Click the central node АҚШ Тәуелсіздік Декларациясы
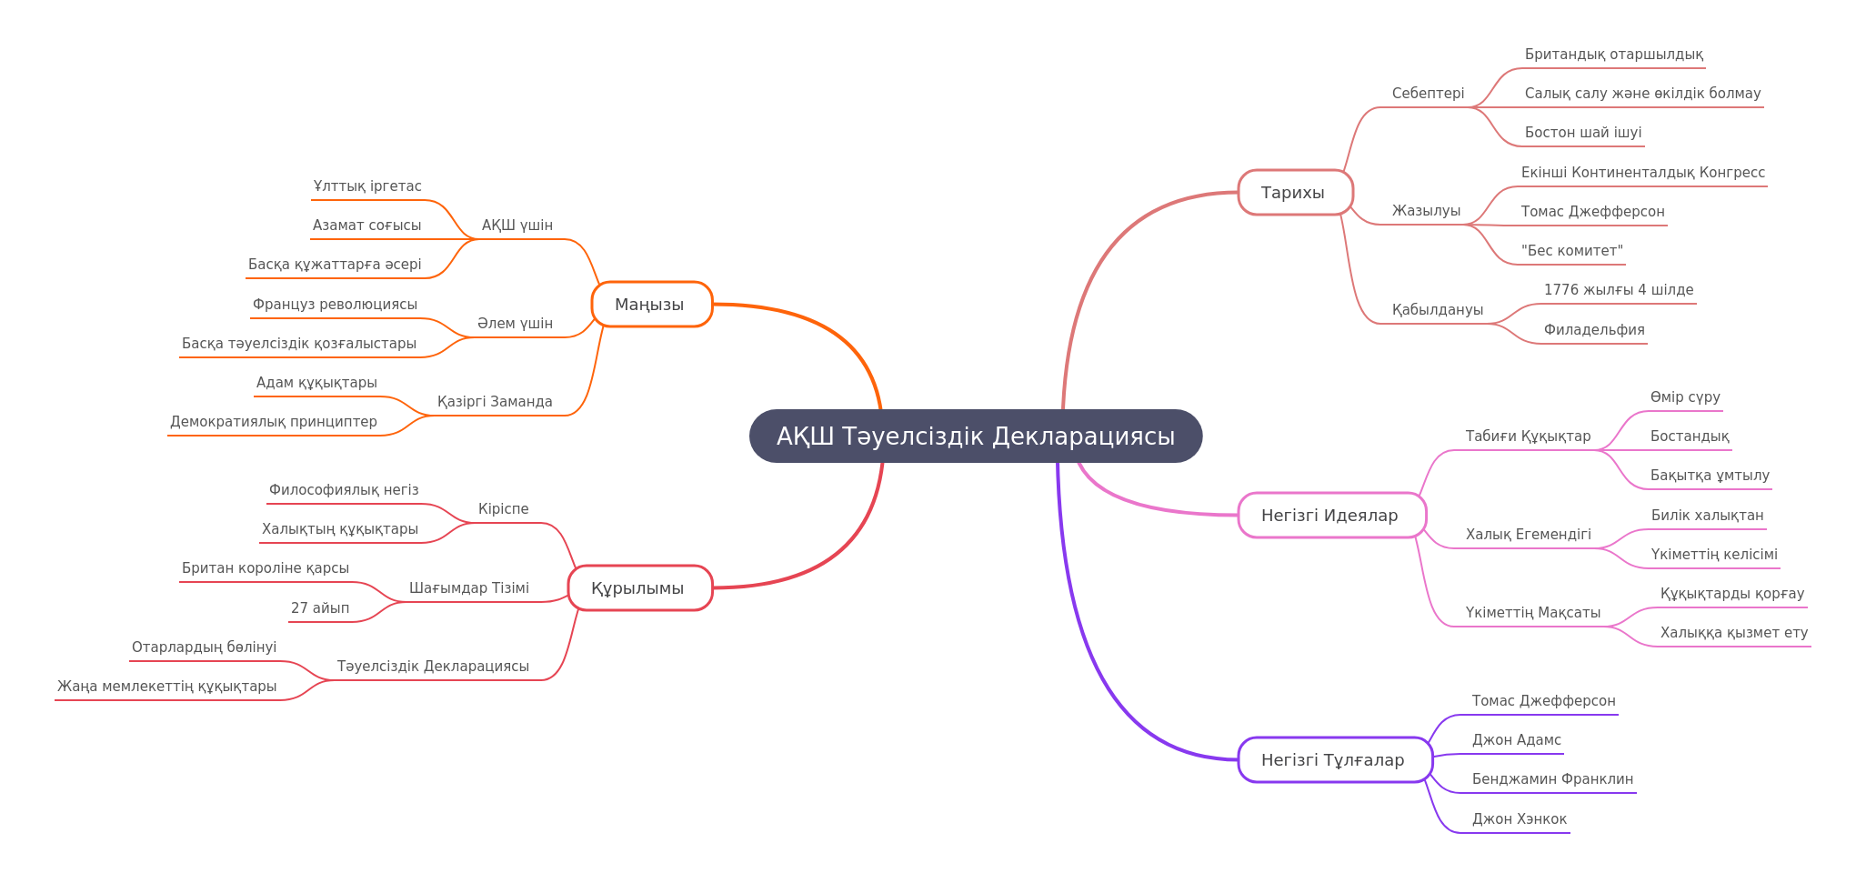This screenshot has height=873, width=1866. point(976,436)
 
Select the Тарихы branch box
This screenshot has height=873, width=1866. point(1295,193)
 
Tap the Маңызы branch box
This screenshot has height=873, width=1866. point(651,305)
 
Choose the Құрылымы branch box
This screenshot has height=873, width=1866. point(640,588)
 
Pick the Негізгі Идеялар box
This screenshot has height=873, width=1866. point(1331,516)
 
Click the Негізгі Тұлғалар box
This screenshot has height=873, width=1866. point(1335,760)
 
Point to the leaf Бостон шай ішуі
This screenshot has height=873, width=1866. point(1583,133)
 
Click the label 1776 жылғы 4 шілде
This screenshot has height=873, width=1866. point(1619,290)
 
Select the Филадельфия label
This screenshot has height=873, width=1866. point(1594,330)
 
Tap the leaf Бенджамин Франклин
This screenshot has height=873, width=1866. point(1552,779)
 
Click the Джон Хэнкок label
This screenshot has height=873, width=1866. point(1520,819)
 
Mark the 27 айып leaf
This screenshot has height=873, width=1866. point(320,608)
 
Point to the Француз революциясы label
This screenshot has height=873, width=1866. point(335,305)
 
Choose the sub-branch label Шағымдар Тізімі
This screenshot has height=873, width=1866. point(469,588)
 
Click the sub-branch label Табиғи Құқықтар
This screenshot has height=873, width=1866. point(1528,436)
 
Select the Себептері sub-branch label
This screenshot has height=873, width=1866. point(1428,94)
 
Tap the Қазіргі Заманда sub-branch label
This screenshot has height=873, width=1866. point(495,402)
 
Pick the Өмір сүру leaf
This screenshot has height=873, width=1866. point(1685,397)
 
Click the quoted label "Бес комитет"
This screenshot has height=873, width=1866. point(1571,251)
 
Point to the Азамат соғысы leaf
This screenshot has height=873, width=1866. point(366,226)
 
